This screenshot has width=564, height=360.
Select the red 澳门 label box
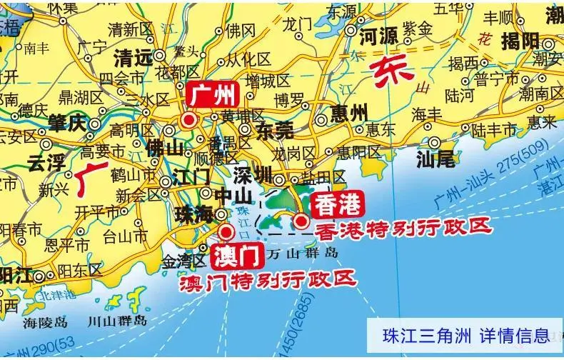click(x=232, y=256)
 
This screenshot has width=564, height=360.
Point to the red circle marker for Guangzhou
click(x=188, y=121)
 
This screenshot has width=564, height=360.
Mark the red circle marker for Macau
click(x=226, y=231)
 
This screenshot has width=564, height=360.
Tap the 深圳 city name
click(x=253, y=174)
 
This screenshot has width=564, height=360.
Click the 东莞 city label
click(x=274, y=131)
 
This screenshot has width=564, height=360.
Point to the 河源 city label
click(x=379, y=36)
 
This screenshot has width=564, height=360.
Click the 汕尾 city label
click(x=436, y=159)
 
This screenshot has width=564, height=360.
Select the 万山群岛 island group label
click(x=302, y=254)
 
